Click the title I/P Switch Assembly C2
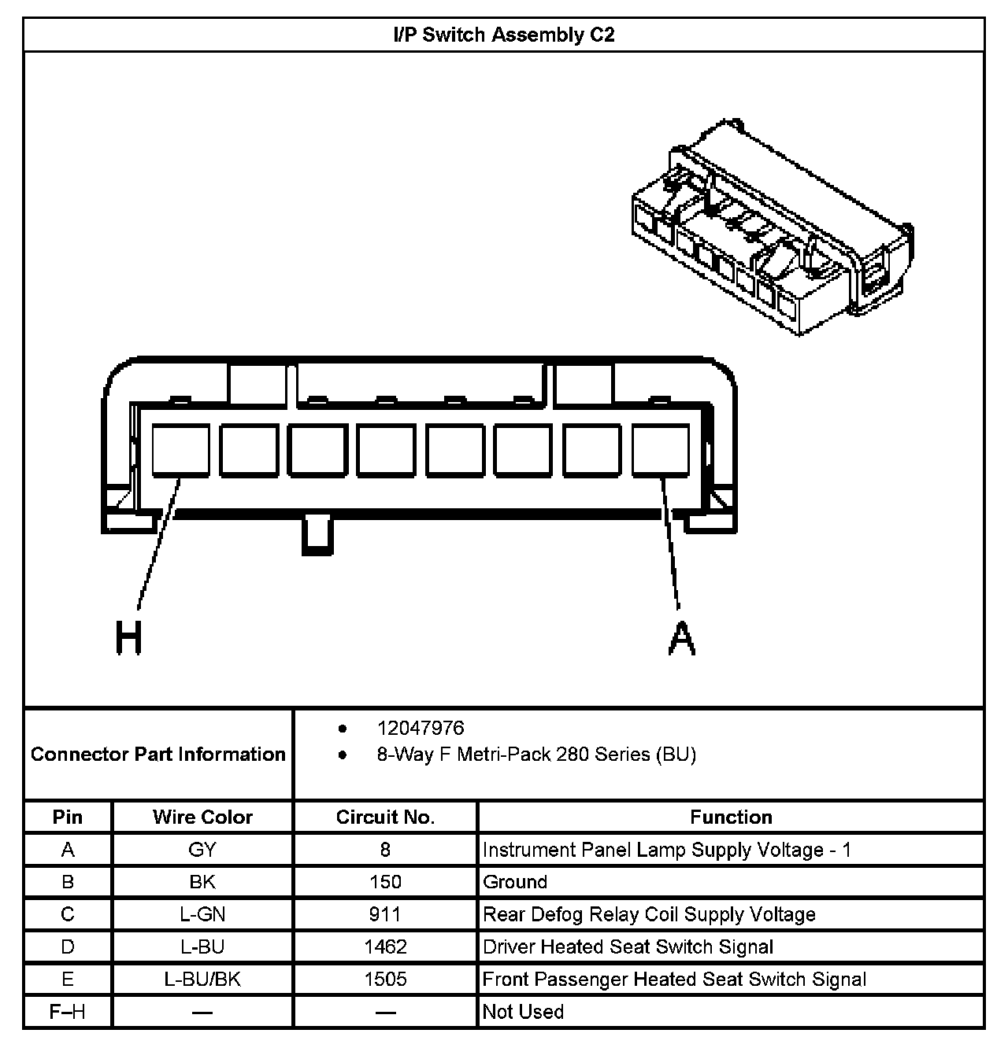(x=503, y=35)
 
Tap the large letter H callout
(x=129, y=637)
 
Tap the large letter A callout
(x=681, y=637)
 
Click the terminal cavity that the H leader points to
(x=180, y=450)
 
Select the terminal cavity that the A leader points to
(x=661, y=450)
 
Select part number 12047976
(x=421, y=729)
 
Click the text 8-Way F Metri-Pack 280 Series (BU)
(x=536, y=755)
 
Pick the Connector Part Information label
(x=158, y=755)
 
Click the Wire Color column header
(x=202, y=817)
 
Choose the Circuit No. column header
(x=385, y=817)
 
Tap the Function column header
(x=731, y=817)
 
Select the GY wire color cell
(x=202, y=850)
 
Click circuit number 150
(x=385, y=882)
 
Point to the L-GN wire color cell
(x=202, y=914)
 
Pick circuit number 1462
(x=385, y=947)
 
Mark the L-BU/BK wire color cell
(x=202, y=979)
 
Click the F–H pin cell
(x=68, y=1012)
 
